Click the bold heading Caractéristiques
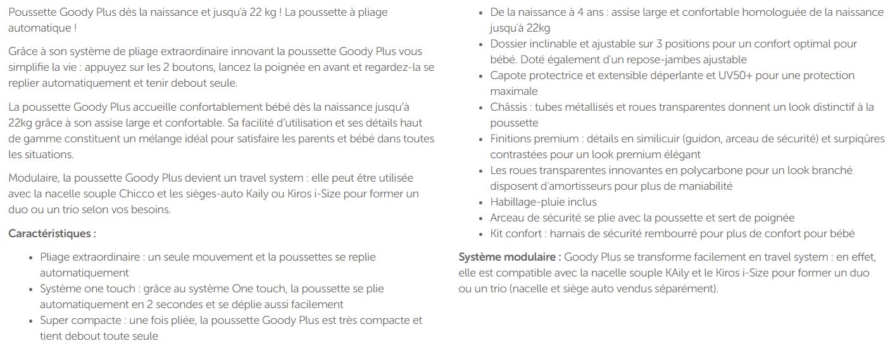coord(52,233)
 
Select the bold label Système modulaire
coord(510,257)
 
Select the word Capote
coord(508,75)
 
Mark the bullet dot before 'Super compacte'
coord(32,321)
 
